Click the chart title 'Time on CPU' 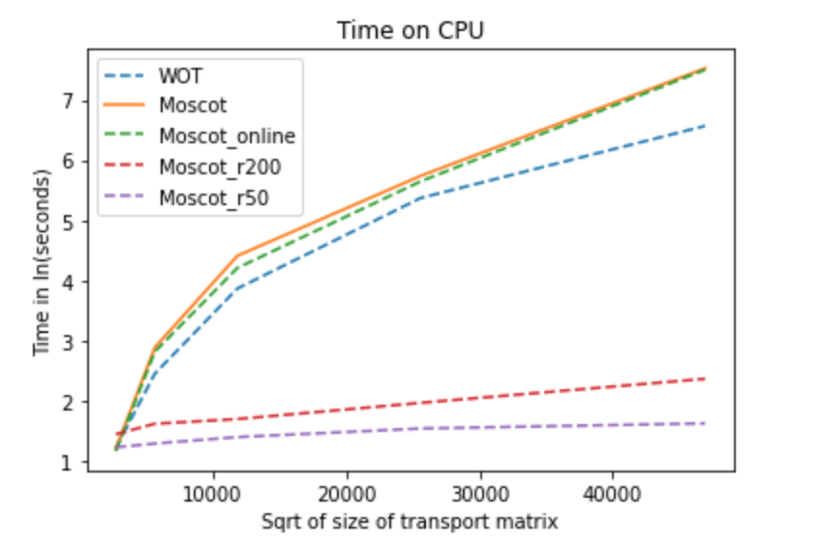coord(410,30)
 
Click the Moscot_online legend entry coord(227,137)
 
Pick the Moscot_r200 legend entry coord(220,167)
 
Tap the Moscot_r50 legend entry coord(215,197)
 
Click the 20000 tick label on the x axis coord(348,493)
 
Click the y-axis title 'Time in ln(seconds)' coord(43,262)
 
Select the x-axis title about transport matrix coord(410,522)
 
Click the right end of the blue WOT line coord(705,126)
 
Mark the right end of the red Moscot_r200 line coord(705,379)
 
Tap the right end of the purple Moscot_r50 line coord(705,423)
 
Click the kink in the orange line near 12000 coord(237,256)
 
